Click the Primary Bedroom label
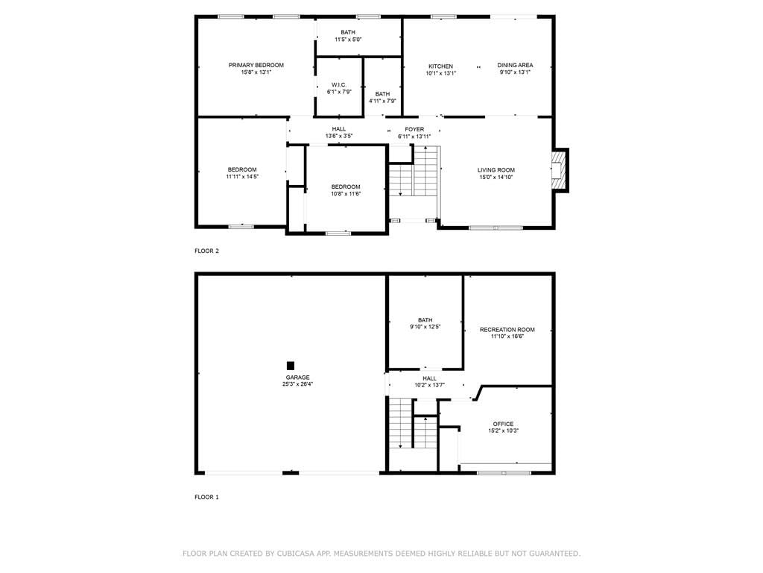coord(256,66)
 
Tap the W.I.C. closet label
coord(339,85)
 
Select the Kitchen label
coord(440,66)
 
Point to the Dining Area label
coord(515,66)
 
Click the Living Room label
coord(496,170)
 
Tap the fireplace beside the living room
coord(559,170)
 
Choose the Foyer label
coord(414,130)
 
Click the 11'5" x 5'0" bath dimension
coord(348,40)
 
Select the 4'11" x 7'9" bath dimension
coord(382,101)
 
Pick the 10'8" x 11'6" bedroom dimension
coord(346,194)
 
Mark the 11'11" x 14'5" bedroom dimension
coord(242,177)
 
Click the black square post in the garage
coord(291,366)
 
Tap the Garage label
coord(297,378)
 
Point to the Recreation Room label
coord(507,330)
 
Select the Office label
coord(503,424)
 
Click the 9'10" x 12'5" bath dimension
coord(425,327)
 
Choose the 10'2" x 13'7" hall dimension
coord(429,385)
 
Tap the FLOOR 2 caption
coord(207,251)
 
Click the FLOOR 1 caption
coord(207,497)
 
